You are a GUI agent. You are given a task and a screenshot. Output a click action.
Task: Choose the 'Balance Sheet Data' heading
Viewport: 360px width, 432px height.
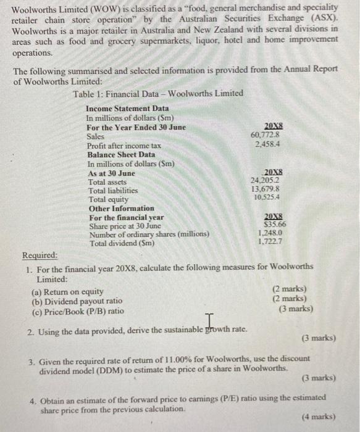coord(121,154)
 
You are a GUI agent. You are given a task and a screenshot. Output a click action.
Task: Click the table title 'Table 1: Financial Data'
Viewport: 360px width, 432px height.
coord(157,93)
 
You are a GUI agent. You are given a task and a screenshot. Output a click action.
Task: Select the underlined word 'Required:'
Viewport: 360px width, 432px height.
coord(40,255)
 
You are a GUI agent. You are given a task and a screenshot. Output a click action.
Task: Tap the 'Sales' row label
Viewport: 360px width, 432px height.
coord(96,136)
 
